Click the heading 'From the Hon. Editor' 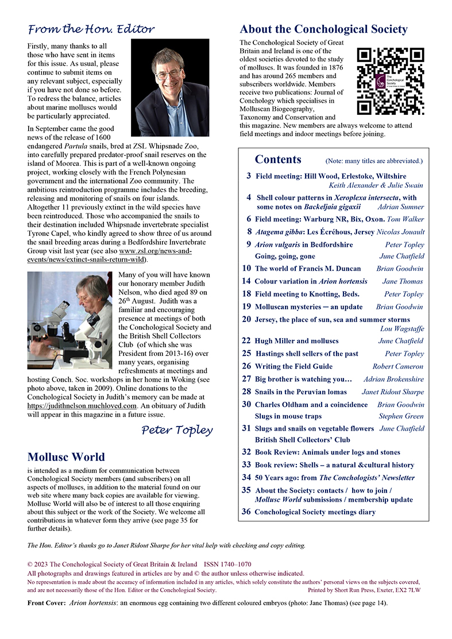(91, 29)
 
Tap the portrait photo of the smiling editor (169, 87)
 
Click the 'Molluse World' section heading (66, 457)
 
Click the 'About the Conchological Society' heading (323, 29)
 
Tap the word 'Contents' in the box (278, 159)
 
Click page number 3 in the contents (248, 176)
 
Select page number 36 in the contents (246, 512)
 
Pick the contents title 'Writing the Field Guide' (293, 366)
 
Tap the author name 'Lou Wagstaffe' (401, 329)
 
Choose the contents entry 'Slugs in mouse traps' (288, 416)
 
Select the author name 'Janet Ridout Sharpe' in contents (392, 392)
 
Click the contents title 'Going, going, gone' (285, 256)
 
